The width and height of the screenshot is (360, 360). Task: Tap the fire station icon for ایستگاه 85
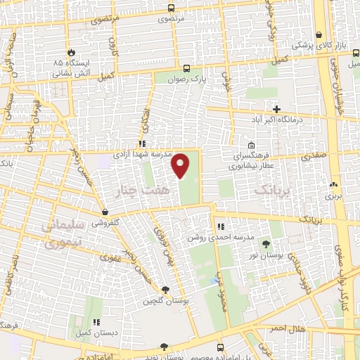coord(71,52)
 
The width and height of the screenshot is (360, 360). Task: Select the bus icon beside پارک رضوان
coord(186,68)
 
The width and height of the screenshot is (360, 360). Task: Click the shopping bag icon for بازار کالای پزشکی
coord(319,34)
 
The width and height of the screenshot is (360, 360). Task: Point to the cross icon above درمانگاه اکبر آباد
coord(277,109)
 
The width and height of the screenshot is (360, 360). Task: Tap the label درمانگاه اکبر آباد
coord(278,120)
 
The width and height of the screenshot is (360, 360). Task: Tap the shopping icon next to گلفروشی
coord(105,211)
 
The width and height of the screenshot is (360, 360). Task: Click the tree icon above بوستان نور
coord(266,244)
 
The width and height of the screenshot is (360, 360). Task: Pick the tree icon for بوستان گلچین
coord(166,290)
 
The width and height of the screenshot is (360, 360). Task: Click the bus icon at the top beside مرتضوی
coord(171,8)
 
